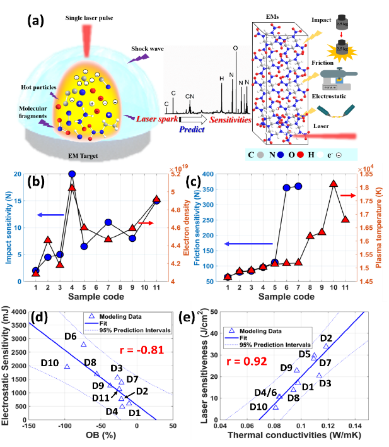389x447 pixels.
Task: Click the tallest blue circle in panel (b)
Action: point(72,174)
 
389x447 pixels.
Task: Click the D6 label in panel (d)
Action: point(71,336)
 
